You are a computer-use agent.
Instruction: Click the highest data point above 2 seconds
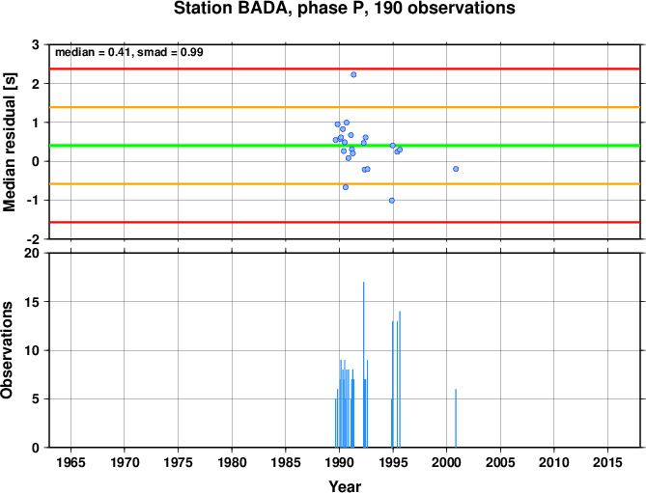point(353,74)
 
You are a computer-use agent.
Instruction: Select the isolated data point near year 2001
point(456,169)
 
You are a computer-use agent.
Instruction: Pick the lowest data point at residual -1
point(392,201)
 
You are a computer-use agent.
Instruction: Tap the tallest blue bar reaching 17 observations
point(363,365)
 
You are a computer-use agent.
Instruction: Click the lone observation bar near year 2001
point(456,418)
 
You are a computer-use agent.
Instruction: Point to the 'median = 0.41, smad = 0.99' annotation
point(129,52)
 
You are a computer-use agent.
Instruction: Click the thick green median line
point(345,146)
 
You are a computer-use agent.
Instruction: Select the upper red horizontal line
point(345,68)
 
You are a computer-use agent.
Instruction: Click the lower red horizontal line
point(345,222)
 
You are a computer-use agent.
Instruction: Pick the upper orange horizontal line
point(345,107)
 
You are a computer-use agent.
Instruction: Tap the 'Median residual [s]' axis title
point(10,142)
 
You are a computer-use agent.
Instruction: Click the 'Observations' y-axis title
point(7,350)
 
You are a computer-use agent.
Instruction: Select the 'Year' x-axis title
point(345,486)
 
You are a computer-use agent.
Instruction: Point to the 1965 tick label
point(70,462)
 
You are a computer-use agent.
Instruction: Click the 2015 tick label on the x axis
point(607,462)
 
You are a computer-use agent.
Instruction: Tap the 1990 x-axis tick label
point(339,462)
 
